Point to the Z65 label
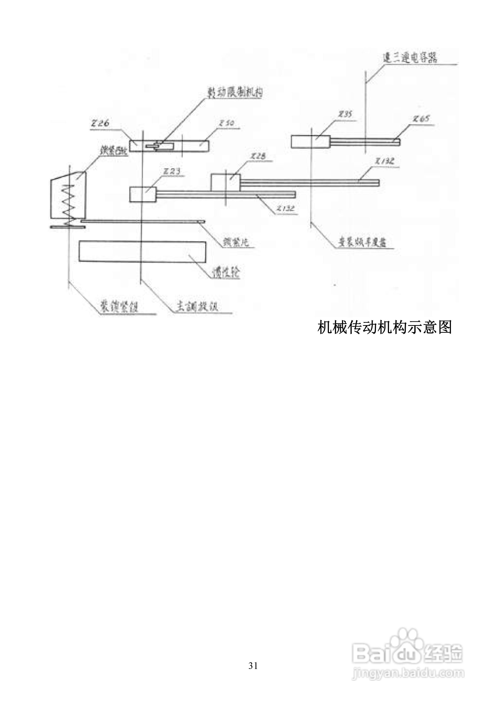[421, 119]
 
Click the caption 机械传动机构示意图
[384, 328]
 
